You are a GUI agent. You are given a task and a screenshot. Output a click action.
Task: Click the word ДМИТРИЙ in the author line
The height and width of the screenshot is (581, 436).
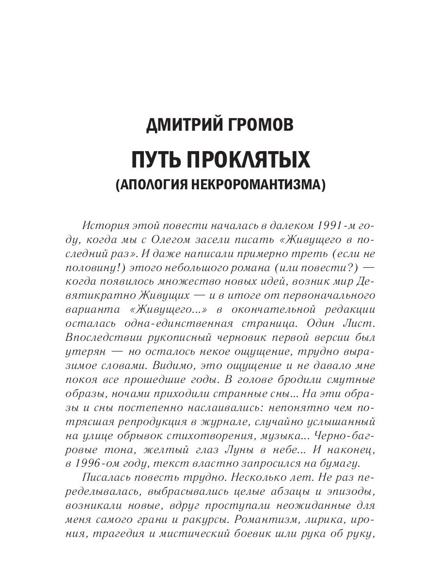[x=182, y=125]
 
